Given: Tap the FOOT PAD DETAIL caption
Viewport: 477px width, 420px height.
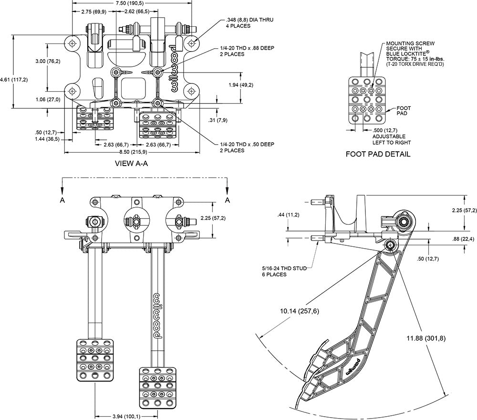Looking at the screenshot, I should coord(378,154).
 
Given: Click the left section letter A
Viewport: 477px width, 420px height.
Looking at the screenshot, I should coord(62,200).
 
